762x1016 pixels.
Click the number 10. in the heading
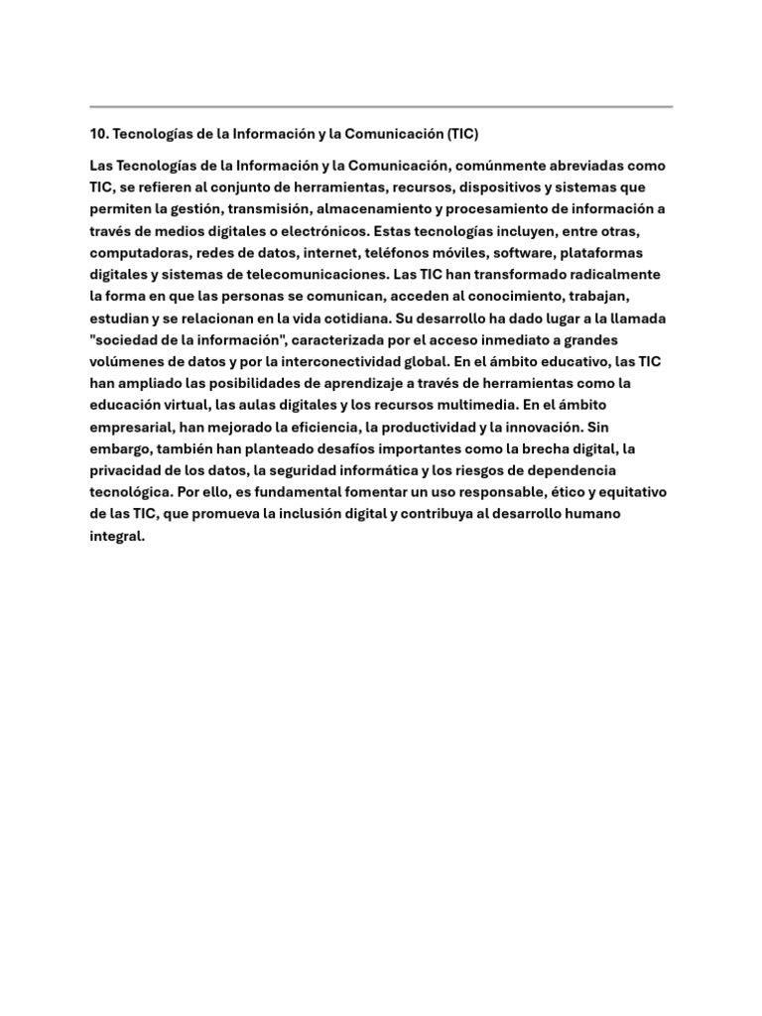click(x=100, y=133)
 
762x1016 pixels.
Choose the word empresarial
click(x=129, y=427)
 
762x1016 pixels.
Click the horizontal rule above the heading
click(x=381, y=106)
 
